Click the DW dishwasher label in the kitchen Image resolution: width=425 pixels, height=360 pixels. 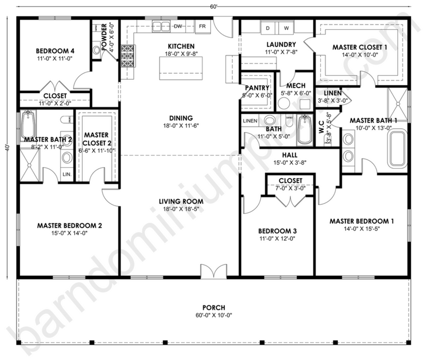coord(178,26)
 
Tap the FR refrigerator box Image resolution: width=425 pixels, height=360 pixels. coord(203,26)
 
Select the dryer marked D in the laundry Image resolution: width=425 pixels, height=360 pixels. coord(268,28)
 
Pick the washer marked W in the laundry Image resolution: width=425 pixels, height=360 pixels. coord(287,28)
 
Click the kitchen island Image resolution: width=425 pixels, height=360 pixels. coord(181,68)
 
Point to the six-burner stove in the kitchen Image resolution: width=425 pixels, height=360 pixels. coord(127,56)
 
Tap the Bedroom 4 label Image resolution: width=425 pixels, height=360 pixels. coord(55,51)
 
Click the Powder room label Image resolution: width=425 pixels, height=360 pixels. coord(104,37)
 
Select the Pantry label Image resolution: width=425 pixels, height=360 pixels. coord(257,88)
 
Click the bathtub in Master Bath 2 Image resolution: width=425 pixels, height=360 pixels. coord(28,125)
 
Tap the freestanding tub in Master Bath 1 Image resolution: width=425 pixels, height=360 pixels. coord(398,148)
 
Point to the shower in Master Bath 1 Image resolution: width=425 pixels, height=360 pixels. coord(398,104)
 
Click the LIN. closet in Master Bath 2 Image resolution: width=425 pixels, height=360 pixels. coord(67,174)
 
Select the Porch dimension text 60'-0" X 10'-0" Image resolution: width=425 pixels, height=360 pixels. coord(213,315)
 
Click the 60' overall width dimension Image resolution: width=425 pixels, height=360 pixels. coord(213,7)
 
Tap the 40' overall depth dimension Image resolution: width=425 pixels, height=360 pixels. coord(7,148)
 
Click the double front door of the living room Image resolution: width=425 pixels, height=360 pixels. coord(213,271)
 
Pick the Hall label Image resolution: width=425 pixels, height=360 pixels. coord(289,155)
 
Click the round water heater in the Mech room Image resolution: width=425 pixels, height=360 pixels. coord(284,103)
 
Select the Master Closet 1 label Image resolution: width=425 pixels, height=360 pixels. coord(360,47)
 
